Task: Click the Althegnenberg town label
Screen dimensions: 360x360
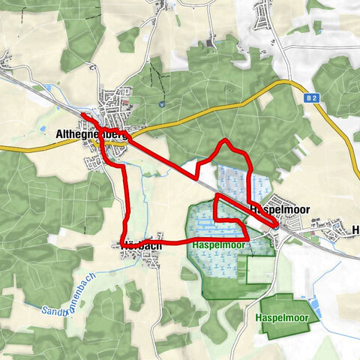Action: click(90, 134)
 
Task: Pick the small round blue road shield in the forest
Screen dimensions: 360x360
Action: click(161, 105)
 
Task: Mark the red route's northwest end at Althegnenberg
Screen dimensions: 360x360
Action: click(80, 114)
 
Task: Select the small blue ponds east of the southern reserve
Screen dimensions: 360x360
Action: click(314, 307)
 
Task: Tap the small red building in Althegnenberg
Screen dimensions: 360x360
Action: click(127, 102)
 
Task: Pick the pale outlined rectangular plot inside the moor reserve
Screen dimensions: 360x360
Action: click(259, 270)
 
